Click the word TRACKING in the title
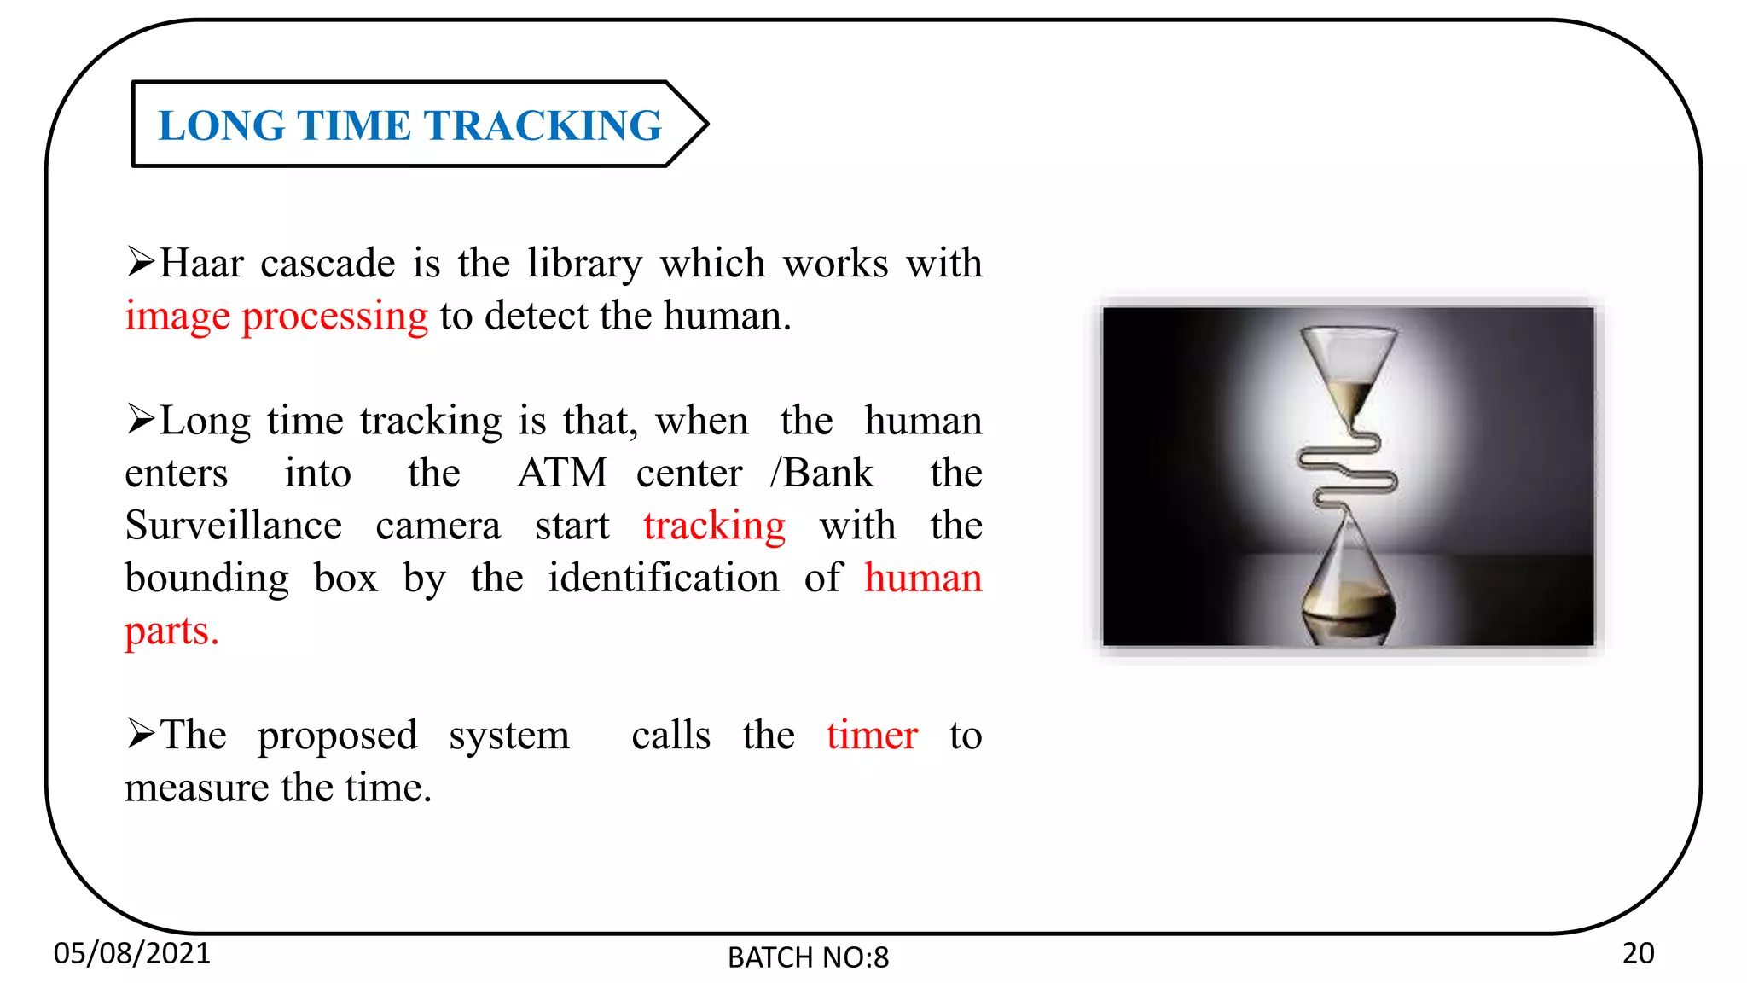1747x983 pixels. click(543, 125)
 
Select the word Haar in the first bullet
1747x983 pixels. click(201, 264)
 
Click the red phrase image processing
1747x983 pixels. click(276, 317)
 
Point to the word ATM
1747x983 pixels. click(562, 474)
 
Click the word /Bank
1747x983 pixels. click(821, 474)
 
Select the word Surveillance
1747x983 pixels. click(234, 526)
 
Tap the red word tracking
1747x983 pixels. click(714, 526)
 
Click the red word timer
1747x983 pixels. click(872, 736)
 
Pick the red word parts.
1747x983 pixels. click(171, 631)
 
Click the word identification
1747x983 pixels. click(664, 579)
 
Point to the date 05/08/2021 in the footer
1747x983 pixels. click(132, 953)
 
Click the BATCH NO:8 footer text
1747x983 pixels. click(808, 957)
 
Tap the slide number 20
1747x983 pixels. click(1638, 953)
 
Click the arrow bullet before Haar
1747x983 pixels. click(141, 261)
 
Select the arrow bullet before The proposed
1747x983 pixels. click(141, 733)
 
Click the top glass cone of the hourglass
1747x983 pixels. click(1349, 367)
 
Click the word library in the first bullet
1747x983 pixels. click(584, 264)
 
